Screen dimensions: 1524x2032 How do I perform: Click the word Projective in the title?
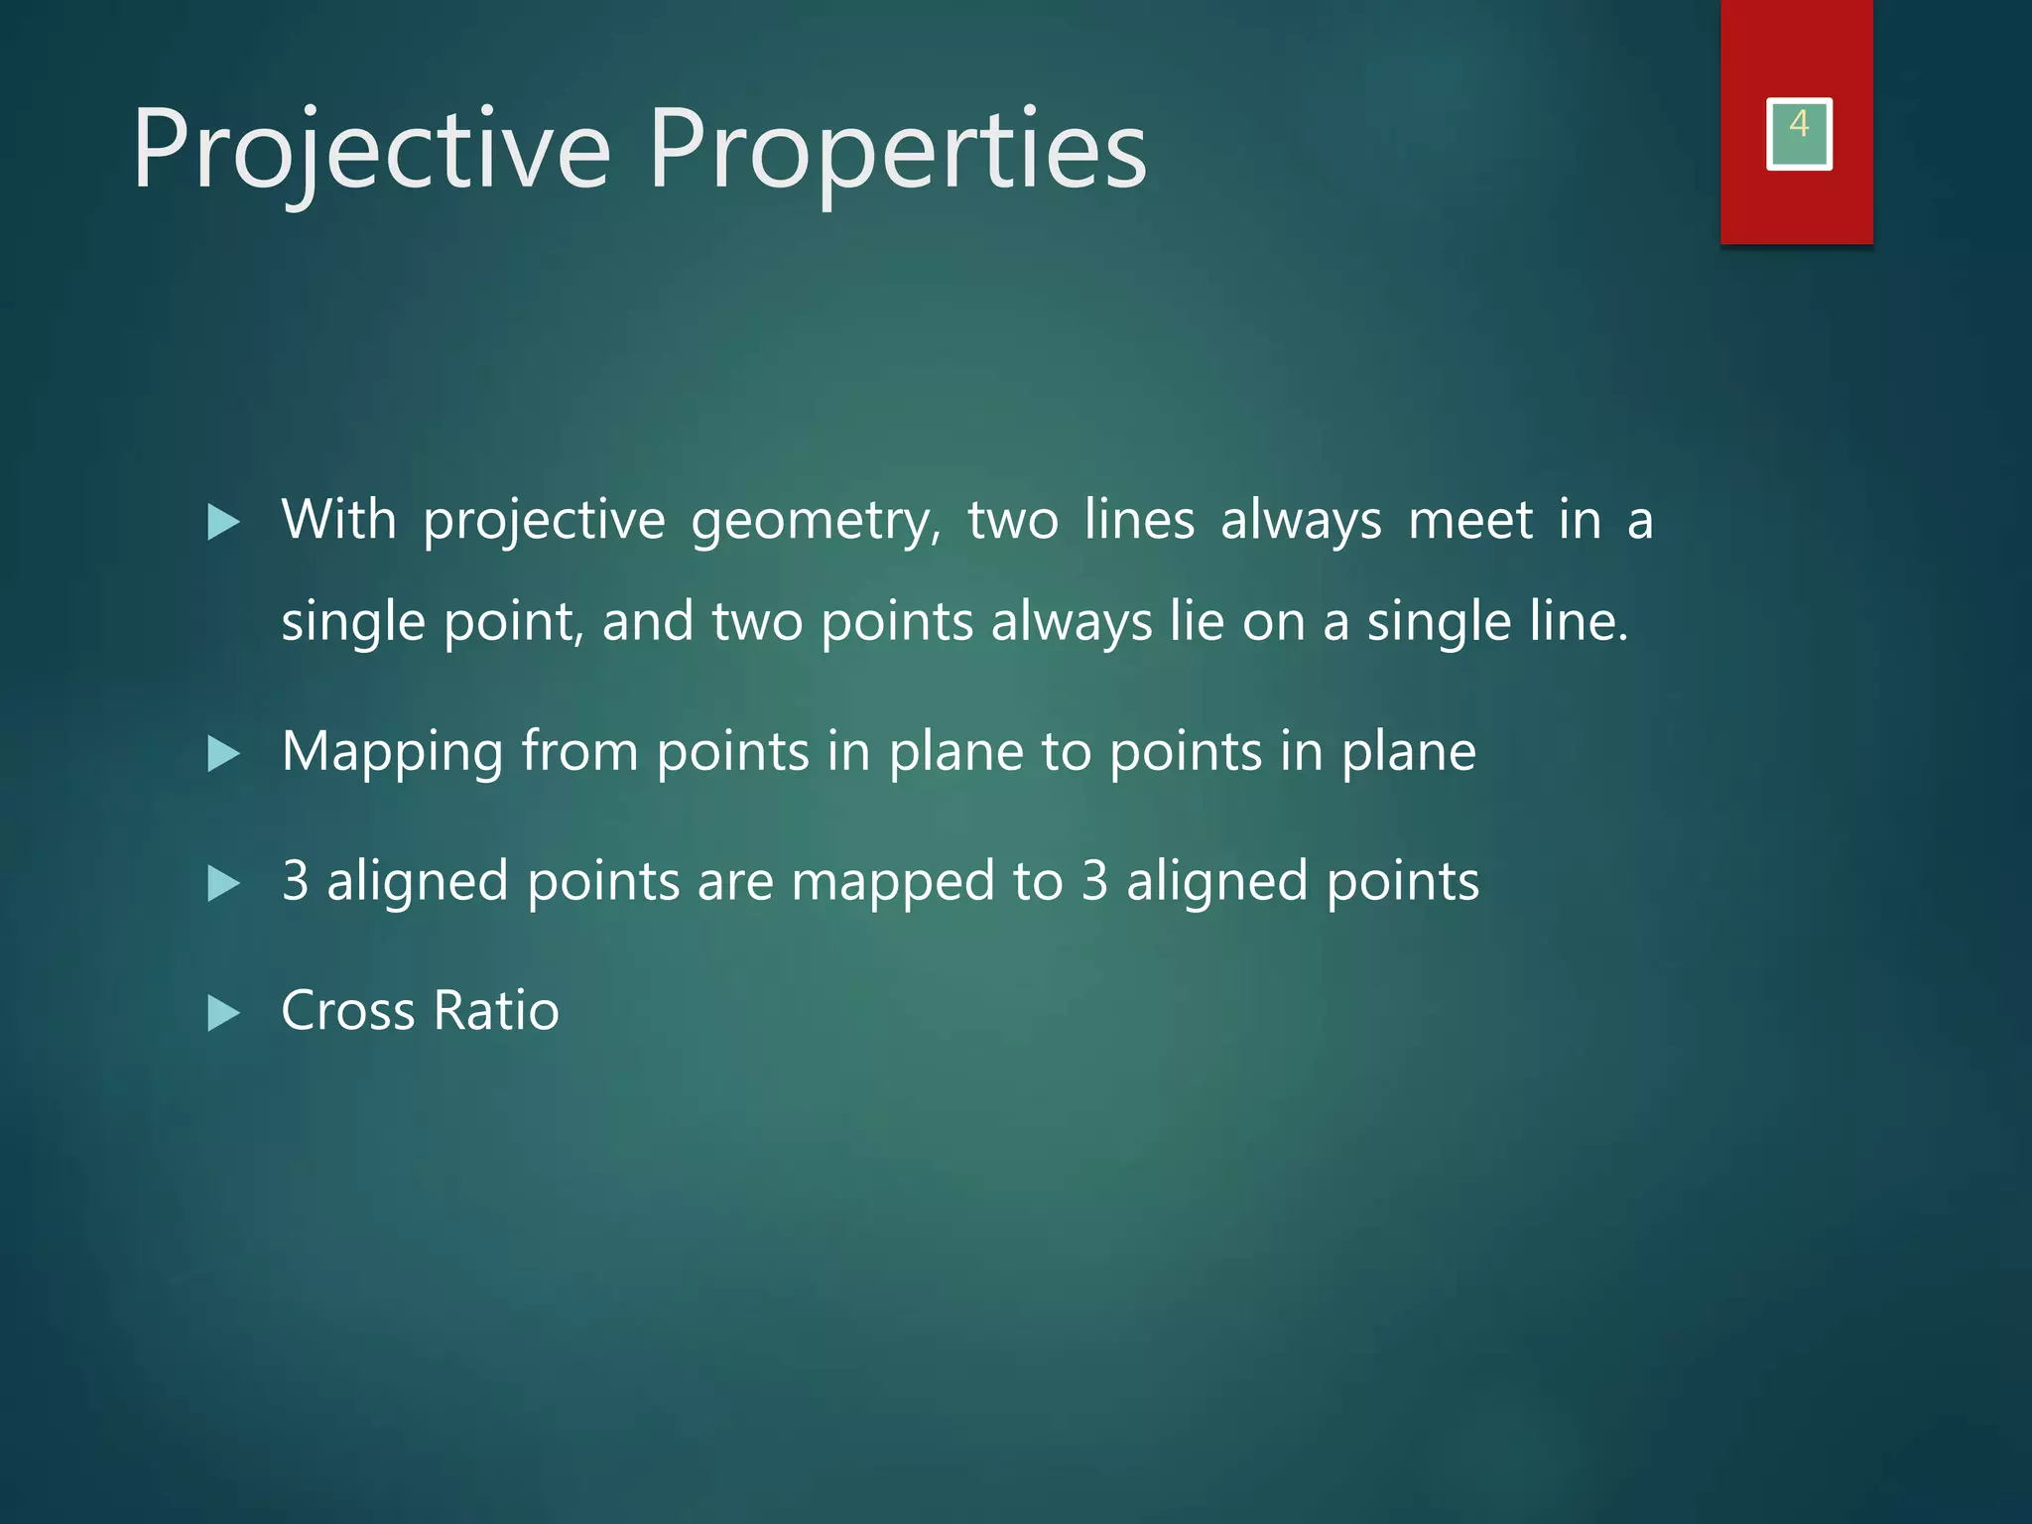point(371,151)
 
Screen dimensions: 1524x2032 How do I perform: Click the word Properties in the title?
point(898,151)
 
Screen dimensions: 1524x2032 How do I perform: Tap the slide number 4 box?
point(1799,134)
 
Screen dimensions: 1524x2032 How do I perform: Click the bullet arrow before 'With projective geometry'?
point(224,523)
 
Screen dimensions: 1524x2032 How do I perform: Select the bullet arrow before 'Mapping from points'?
point(224,754)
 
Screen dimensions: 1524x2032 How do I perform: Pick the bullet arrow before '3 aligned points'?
point(224,883)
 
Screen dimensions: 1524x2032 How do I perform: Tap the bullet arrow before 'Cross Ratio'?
point(224,1013)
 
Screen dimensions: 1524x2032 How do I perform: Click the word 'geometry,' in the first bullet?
point(816,522)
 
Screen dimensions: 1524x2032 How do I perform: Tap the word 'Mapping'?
point(392,753)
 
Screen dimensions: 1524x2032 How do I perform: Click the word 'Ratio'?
point(496,1011)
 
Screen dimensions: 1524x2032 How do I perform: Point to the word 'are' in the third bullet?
point(734,881)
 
